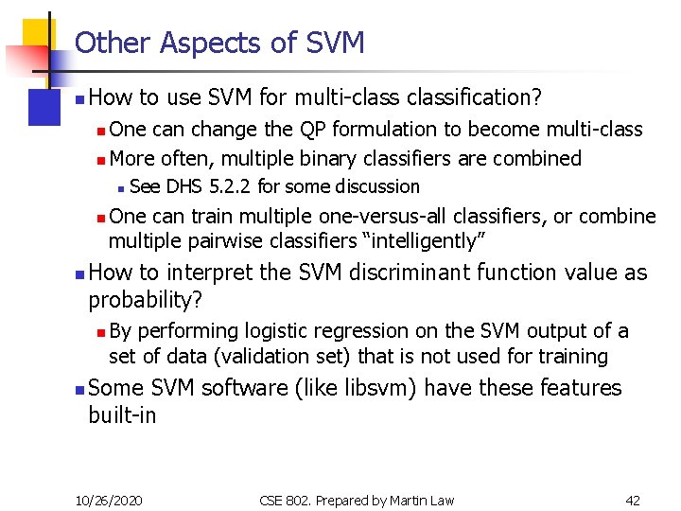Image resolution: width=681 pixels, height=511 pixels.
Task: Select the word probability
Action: [148, 300]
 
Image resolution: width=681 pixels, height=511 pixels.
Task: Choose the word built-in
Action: [122, 416]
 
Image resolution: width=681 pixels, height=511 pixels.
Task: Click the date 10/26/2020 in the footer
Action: [110, 500]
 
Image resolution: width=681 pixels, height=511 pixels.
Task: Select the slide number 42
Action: [633, 500]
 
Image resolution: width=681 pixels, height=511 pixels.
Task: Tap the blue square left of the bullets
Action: [44, 106]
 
